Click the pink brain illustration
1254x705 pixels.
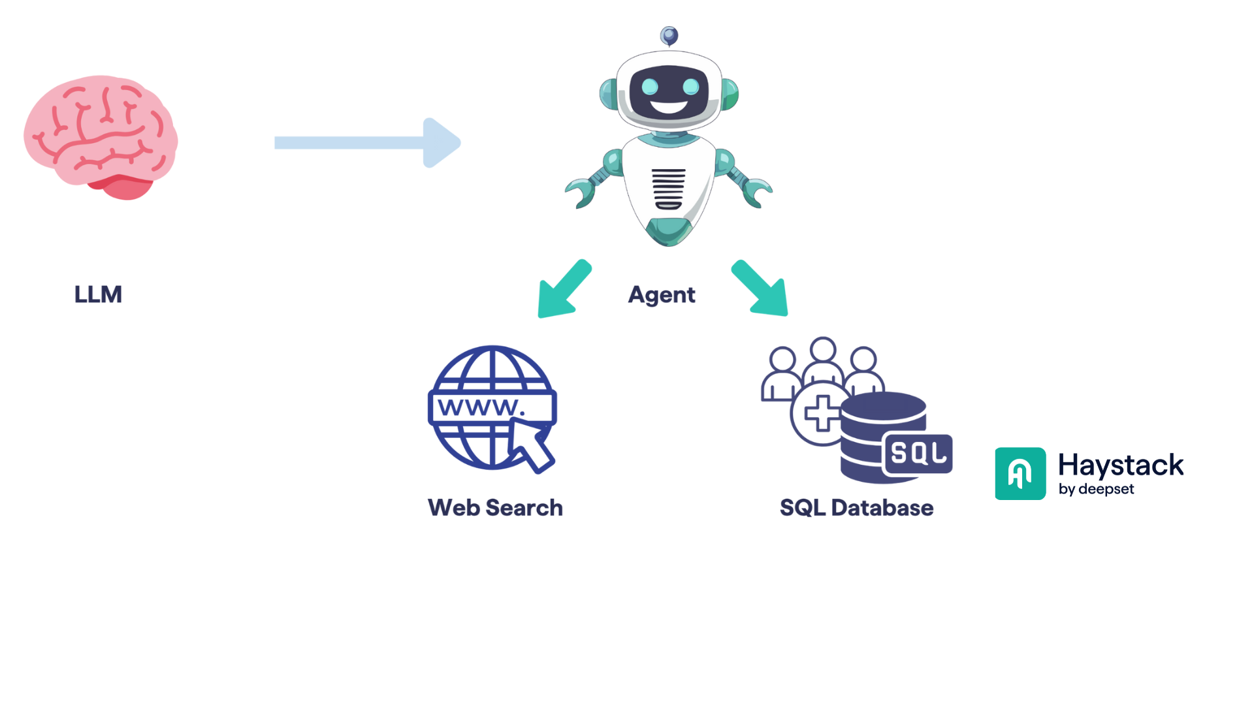tap(101, 136)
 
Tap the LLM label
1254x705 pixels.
tap(98, 294)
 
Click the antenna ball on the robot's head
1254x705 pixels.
tap(669, 35)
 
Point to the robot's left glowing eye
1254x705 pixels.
tap(650, 86)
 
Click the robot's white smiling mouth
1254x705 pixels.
tap(669, 106)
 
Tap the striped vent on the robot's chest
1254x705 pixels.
tap(668, 189)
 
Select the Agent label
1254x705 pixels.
tap(662, 295)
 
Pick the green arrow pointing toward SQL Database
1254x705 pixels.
tap(761, 289)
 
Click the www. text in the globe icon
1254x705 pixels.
tap(481, 407)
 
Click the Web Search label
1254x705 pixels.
tap(495, 508)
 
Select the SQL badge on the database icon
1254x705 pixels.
tap(918, 452)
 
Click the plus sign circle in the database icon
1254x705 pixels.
tap(821, 413)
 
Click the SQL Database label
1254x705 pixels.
tap(856, 508)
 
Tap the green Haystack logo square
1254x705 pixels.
tap(1020, 473)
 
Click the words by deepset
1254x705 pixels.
tap(1096, 490)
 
